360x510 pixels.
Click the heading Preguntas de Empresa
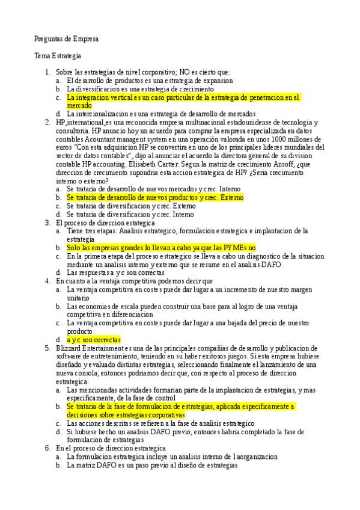click(66, 39)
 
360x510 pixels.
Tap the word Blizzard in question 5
click(70, 348)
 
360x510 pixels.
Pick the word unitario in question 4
click(79, 297)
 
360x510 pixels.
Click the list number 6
click(47, 448)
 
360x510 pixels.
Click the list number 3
click(47, 222)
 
